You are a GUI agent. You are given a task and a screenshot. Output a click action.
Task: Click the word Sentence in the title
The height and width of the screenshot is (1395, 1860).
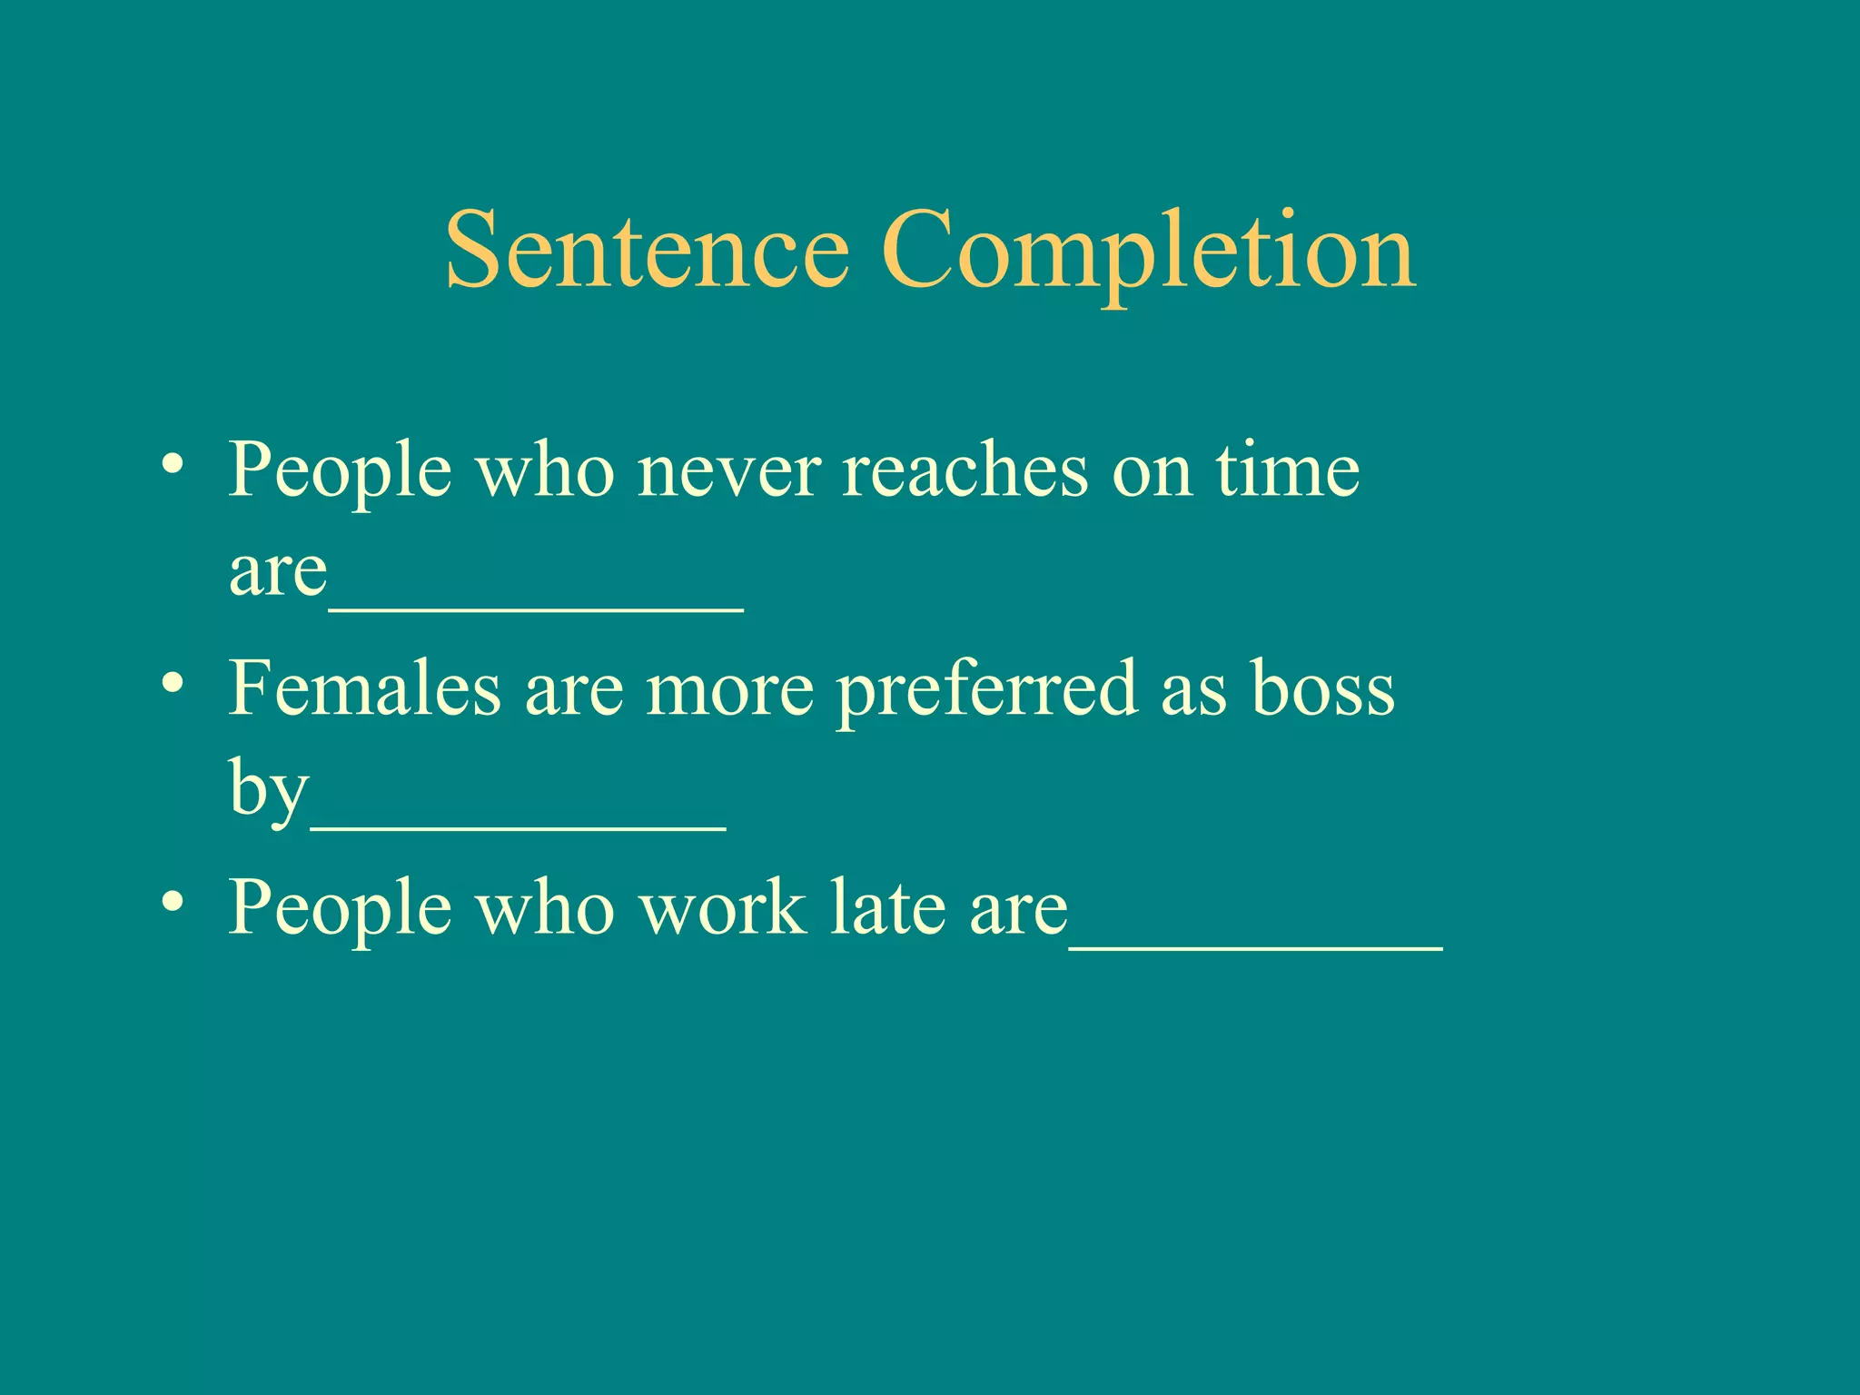tap(647, 250)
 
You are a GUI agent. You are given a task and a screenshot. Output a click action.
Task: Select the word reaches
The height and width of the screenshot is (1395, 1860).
tap(965, 472)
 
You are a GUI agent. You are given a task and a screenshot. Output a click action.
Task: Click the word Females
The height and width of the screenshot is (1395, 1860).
tap(364, 688)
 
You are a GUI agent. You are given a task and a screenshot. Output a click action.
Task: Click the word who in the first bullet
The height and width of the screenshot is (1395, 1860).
tap(545, 472)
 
